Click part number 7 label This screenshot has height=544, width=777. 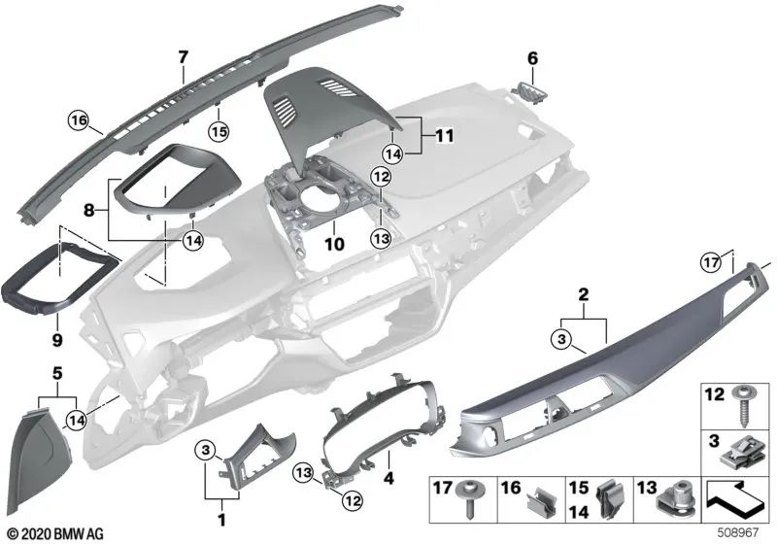pyautogui.click(x=182, y=57)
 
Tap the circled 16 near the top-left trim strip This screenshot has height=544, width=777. pyautogui.click(x=77, y=121)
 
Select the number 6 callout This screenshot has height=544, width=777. pyautogui.click(x=532, y=58)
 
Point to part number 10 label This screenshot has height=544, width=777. pyautogui.click(x=334, y=246)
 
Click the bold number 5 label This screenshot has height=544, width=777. pyautogui.click(x=57, y=372)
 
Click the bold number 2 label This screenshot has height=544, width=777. pyautogui.click(x=583, y=293)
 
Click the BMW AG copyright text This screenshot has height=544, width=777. pyautogui.click(x=47, y=533)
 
